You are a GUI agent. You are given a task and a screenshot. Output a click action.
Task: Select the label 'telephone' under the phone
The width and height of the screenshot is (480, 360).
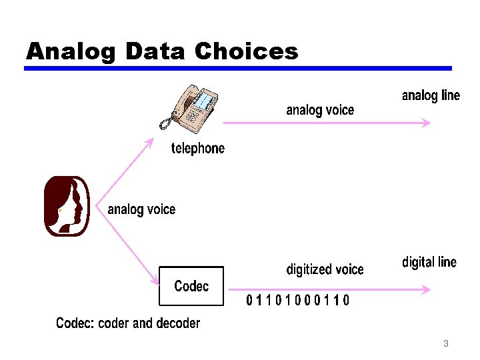pyautogui.click(x=198, y=148)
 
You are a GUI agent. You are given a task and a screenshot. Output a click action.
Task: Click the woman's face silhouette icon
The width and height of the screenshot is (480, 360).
pyautogui.click(x=67, y=206)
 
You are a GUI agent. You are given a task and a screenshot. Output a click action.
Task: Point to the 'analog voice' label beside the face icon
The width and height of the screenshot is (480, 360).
pyautogui.click(x=141, y=209)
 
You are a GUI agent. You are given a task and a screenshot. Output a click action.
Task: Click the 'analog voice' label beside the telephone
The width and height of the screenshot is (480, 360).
pyautogui.click(x=320, y=110)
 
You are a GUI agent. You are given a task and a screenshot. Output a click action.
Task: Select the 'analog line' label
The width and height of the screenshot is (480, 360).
pyautogui.click(x=431, y=95)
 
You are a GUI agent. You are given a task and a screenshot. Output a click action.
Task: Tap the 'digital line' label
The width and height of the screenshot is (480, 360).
pyautogui.click(x=429, y=262)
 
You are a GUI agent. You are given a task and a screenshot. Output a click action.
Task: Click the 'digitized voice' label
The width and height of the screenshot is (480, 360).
pyautogui.click(x=325, y=269)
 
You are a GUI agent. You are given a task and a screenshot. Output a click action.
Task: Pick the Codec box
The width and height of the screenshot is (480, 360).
pyautogui.click(x=191, y=286)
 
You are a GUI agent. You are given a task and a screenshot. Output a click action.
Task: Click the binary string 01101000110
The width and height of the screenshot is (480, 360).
pyautogui.click(x=297, y=301)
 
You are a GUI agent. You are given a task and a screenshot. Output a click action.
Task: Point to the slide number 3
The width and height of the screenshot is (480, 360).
pyautogui.click(x=445, y=344)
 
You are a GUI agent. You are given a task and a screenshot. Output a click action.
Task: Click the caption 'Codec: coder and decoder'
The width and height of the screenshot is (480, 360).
pyautogui.click(x=128, y=323)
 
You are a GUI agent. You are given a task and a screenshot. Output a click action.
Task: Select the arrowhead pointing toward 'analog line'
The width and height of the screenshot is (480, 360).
pyautogui.click(x=425, y=123)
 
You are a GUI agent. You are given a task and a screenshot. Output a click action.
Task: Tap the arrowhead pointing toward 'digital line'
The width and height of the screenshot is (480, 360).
pyautogui.click(x=425, y=289)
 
